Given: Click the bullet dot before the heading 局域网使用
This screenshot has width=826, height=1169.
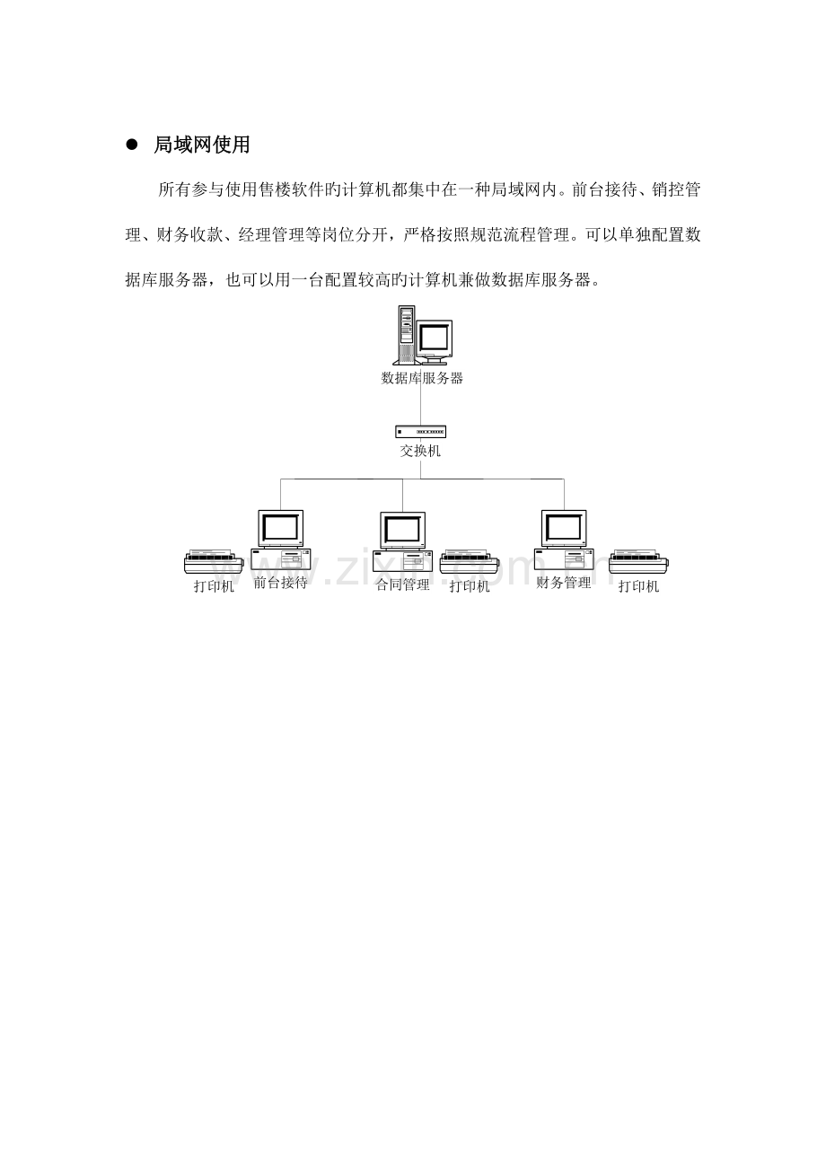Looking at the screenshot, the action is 131,145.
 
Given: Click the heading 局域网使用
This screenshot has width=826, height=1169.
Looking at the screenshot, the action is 201,145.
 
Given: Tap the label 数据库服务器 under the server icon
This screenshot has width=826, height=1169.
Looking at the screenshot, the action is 422,378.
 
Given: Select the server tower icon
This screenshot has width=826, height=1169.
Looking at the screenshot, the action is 407,335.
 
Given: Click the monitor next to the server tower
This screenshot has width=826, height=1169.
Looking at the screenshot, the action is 435,341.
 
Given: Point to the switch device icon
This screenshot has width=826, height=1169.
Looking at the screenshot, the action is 420,432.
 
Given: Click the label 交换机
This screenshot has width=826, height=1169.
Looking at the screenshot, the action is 420,451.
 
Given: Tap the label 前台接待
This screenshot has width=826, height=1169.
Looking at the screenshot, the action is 280,583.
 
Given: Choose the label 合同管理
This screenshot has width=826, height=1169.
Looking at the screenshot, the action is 403,584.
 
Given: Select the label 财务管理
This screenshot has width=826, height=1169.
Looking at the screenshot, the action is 564,583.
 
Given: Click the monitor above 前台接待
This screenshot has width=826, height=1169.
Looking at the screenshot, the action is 281,529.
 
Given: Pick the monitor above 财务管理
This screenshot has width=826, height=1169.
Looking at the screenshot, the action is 564,529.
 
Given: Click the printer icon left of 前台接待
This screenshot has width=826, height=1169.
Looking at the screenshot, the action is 214,561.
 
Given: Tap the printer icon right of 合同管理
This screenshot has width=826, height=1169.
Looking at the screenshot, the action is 470,561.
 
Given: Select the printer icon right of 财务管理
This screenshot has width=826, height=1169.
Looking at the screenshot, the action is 638,561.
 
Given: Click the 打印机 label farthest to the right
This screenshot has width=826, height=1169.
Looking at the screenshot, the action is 638,586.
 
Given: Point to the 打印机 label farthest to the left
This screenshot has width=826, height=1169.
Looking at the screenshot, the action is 214,586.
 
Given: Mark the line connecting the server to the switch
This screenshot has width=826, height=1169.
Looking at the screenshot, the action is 420,406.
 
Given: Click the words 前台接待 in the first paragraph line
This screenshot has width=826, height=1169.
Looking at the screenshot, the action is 605,189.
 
